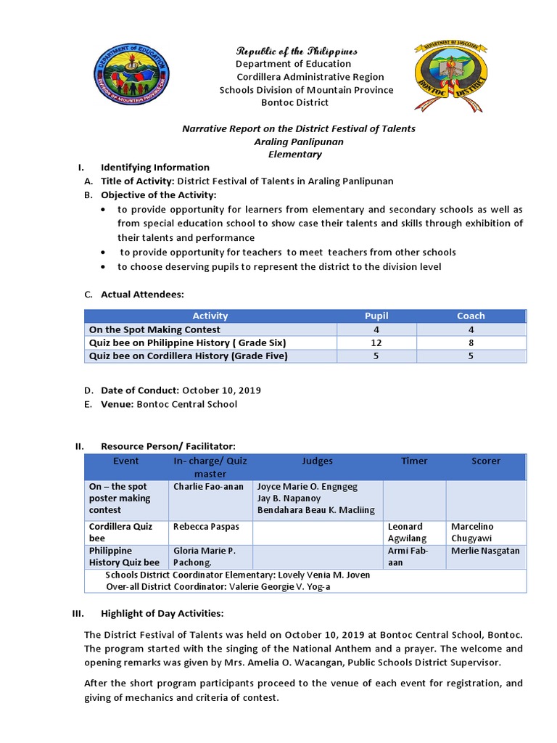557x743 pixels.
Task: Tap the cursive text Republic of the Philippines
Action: pyautogui.click(x=297, y=51)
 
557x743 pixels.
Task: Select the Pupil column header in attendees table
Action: pyautogui.click(x=376, y=316)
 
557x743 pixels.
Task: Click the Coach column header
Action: pyautogui.click(x=471, y=316)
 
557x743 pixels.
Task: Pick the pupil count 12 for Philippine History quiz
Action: pyautogui.click(x=376, y=342)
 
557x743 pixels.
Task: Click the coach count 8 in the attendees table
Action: pyautogui.click(x=471, y=342)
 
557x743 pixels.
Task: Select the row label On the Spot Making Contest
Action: pyautogui.click(x=154, y=329)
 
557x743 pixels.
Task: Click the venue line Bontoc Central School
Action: pyautogui.click(x=187, y=404)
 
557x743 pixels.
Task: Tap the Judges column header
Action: pyautogui.click(x=318, y=461)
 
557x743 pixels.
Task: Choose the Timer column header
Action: pyautogui.click(x=414, y=461)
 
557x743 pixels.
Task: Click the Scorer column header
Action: pyautogui.click(x=486, y=461)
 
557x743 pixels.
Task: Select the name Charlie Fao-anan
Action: pyautogui.click(x=209, y=486)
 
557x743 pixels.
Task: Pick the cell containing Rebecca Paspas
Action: pyautogui.click(x=206, y=526)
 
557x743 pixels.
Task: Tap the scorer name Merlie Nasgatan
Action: pyautogui.click(x=485, y=551)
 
